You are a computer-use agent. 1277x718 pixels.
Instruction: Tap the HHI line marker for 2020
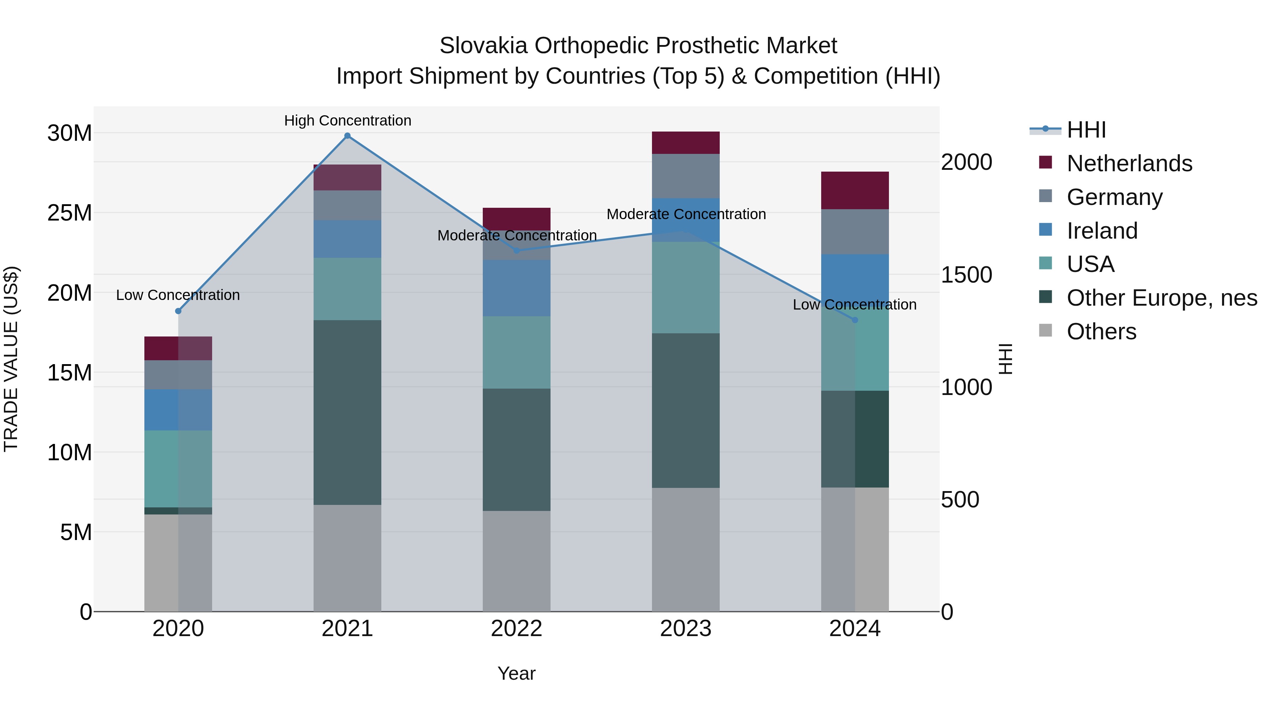(178, 311)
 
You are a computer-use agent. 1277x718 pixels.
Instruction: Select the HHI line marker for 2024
(855, 320)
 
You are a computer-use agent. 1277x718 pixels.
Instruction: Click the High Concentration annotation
(348, 121)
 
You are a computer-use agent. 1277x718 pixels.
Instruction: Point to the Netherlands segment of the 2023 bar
(686, 143)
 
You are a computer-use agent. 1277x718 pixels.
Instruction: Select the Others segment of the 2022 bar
(516, 561)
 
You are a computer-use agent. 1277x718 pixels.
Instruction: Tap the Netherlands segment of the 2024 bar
(855, 190)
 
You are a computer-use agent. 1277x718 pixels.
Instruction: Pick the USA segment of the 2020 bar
(178, 469)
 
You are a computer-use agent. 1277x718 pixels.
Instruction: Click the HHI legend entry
(1086, 130)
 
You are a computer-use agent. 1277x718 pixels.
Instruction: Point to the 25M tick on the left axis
(70, 213)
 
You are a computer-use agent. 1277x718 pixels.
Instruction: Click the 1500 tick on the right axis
(966, 275)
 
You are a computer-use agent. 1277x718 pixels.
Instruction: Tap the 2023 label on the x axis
(686, 629)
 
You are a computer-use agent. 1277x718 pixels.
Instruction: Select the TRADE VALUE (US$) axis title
(11, 359)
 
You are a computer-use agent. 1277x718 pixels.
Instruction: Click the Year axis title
(516, 673)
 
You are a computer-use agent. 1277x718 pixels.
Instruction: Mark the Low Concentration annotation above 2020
(178, 295)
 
